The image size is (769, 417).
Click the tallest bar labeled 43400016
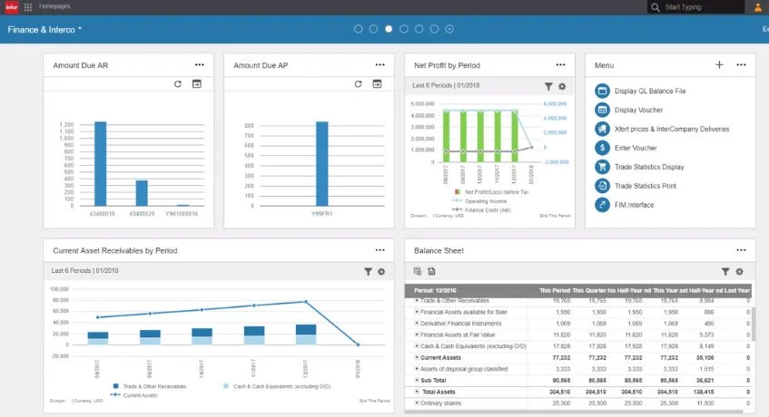100,163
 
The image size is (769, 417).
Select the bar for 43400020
142,193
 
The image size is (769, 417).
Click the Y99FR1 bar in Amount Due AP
321,163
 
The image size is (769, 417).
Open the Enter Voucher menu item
636,148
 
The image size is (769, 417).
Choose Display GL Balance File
650,91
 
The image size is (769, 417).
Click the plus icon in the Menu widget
719,65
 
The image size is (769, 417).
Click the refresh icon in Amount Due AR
179,84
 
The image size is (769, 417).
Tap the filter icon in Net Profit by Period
548,86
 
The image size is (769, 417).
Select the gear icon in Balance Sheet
739,271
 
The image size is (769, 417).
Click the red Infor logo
11,7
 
